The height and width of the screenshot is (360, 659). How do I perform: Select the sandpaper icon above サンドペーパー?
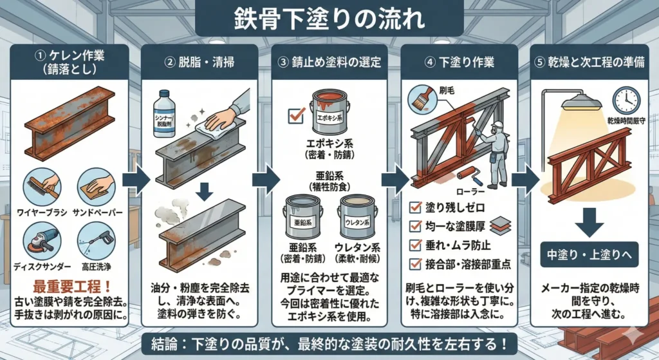(97, 186)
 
